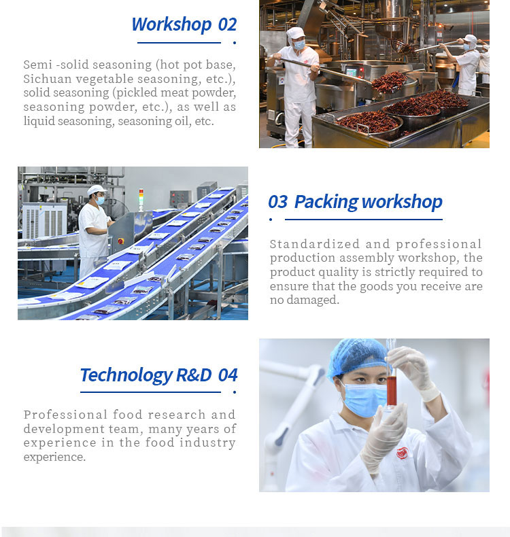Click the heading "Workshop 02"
coord(184,24)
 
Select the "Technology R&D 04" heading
coord(158,375)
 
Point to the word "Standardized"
coord(315,244)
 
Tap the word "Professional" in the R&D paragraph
coord(66,415)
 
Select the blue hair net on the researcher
coord(357,357)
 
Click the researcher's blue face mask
coord(364,399)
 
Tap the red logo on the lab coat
coord(402,453)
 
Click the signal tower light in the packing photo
coord(141,199)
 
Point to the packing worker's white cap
coord(97,190)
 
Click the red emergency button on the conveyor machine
coord(120,241)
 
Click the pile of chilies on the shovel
coord(390,82)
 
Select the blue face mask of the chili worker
coord(299,44)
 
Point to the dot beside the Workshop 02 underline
coord(235,43)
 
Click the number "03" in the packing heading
coord(277,201)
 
